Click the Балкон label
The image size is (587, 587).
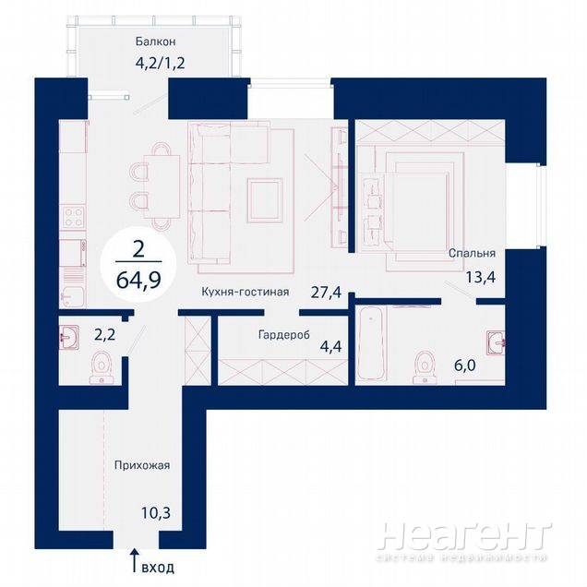tap(155, 42)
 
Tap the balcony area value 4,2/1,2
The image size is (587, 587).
tap(161, 63)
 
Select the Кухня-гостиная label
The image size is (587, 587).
tap(246, 292)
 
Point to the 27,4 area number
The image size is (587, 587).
tap(326, 292)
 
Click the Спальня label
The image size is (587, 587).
tap(472, 253)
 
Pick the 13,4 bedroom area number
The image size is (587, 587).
tap(481, 278)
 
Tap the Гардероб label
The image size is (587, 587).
tap(284, 334)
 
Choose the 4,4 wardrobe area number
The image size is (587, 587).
tap(330, 347)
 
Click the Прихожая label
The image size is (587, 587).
tap(142, 465)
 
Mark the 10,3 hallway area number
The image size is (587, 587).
tap(156, 513)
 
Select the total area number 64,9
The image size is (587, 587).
tap(138, 279)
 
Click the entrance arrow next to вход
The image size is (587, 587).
tap(135, 560)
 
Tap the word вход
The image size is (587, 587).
tap(158, 568)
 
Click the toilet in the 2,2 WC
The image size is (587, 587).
tap(102, 367)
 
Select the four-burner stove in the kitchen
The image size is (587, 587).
tap(74, 217)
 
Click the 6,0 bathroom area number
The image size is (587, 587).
tap(465, 365)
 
